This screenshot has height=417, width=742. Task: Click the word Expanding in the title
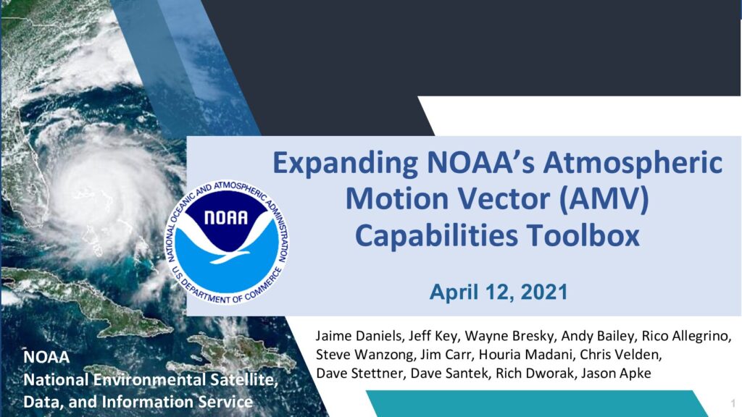345,164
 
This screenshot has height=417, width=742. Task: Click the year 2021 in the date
544,292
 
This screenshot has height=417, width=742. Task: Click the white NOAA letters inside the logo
226,217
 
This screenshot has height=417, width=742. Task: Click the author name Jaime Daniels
359,336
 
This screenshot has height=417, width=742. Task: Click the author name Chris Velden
620,355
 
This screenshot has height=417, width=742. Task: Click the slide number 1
733,403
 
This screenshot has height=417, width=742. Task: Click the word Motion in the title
397,198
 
